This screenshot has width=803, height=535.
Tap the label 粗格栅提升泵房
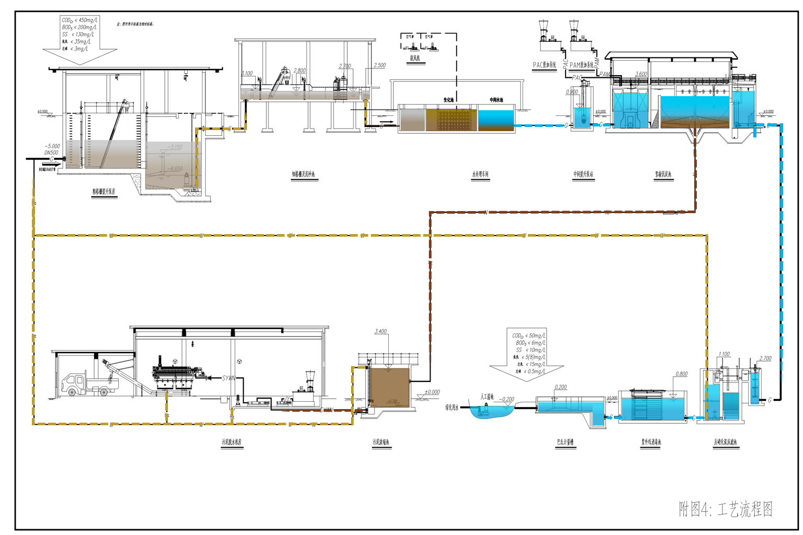click(x=104, y=192)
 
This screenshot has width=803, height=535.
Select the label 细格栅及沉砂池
click(x=303, y=174)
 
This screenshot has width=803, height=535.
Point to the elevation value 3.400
click(x=381, y=332)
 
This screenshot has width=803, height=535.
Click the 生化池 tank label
click(x=449, y=99)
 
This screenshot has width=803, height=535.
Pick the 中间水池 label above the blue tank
click(x=496, y=100)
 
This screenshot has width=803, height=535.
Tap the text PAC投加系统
click(x=545, y=65)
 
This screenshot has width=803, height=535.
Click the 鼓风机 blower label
click(x=415, y=59)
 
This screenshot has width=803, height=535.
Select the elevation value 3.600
click(x=641, y=74)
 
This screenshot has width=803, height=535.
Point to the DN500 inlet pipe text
click(x=51, y=153)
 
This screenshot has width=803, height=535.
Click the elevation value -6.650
click(x=175, y=169)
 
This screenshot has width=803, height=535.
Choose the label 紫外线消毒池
click(x=651, y=442)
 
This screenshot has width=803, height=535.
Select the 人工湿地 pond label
click(x=483, y=397)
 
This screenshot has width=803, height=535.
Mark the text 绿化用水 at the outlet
click(x=451, y=408)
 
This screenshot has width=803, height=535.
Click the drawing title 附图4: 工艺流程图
click(x=725, y=508)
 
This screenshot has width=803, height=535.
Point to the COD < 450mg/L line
click(x=80, y=20)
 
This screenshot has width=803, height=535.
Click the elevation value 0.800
click(x=682, y=374)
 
